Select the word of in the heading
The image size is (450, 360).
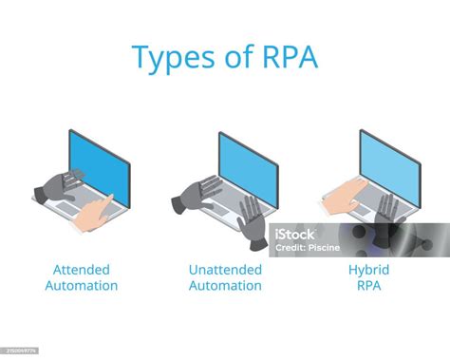(x=231, y=56)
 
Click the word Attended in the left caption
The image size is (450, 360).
(x=81, y=270)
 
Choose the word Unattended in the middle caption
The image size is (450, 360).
(x=225, y=270)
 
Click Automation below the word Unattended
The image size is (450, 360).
(x=225, y=286)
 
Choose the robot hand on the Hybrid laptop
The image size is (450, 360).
(x=385, y=214)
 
